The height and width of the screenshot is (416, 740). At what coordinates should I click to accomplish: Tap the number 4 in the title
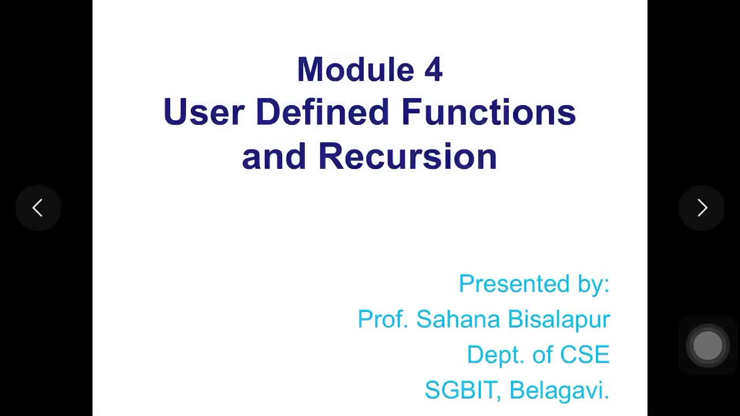pyautogui.click(x=433, y=70)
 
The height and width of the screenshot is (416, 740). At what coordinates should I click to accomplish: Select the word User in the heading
pyautogui.click(x=203, y=112)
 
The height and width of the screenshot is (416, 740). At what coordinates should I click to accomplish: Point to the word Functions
pyautogui.click(x=489, y=112)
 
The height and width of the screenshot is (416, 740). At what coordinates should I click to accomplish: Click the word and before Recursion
pyautogui.click(x=273, y=157)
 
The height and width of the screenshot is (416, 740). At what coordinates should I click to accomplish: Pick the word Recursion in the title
pyautogui.click(x=408, y=157)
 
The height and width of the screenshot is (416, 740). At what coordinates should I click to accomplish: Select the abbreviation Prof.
pyautogui.click(x=383, y=319)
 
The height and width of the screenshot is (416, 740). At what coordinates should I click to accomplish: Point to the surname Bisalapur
pyautogui.click(x=558, y=320)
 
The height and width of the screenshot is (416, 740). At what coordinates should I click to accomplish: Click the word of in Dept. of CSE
pyautogui.click(x=542, y=355)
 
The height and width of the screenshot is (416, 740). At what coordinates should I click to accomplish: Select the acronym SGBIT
pyautogui.click(x=463, y=390)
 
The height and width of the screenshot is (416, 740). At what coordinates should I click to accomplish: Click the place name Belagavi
pyautogui.click(x=559, y=391)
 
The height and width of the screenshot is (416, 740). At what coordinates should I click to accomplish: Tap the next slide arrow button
pyautogui.click(x=702, y=208)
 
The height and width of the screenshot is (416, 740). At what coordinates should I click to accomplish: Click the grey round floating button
pyautogui.click(x=708, y=346)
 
